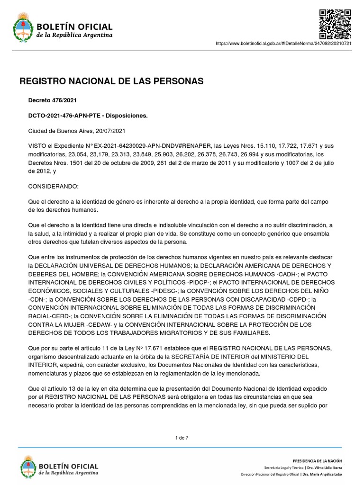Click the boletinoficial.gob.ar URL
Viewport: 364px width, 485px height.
pyautogui.click(x=283, y=43)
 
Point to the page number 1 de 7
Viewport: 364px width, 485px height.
pyautogui.click(x=182, y=438)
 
